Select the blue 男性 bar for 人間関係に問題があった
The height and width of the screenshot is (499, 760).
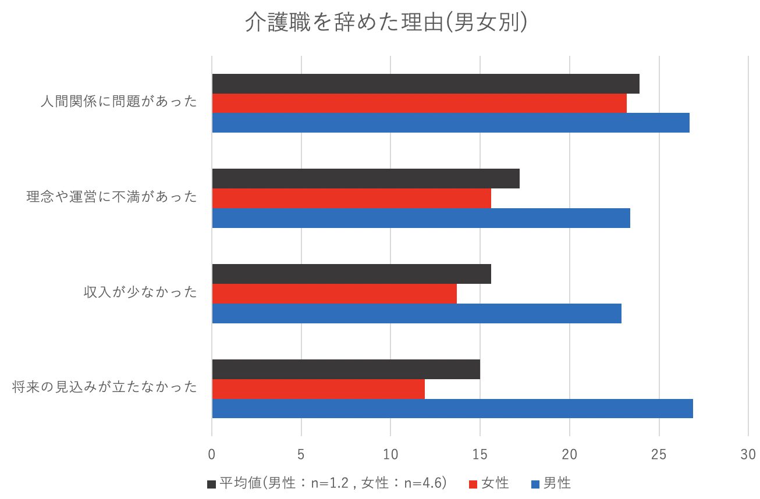pos(450,123)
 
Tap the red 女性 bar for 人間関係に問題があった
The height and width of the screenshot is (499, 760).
pos(419,103)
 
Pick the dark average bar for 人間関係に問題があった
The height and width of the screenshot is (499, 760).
pos(425,84)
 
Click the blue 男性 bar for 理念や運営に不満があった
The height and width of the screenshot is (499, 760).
pos(421,218)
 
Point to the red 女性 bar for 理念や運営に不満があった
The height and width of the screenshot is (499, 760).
pos(351,198)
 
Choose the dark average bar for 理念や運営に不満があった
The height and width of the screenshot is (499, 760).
pos(365,179)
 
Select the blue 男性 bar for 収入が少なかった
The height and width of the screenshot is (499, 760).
pos(417,313)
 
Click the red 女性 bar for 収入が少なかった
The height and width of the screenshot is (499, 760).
pos(334,294)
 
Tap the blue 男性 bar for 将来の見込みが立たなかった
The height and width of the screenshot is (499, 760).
pos(452,408)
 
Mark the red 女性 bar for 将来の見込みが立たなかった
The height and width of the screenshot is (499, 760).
pos(318,389)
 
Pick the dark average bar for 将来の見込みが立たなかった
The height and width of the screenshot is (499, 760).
pos(346,369)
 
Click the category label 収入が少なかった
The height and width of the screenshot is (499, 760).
pos(140,292)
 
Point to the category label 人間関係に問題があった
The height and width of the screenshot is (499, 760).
pos(119,102)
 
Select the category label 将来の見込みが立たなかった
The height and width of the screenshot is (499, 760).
pos(105,387)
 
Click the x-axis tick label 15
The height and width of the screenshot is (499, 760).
pos(480,454)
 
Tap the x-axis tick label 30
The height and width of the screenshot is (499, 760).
pos(748,454)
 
